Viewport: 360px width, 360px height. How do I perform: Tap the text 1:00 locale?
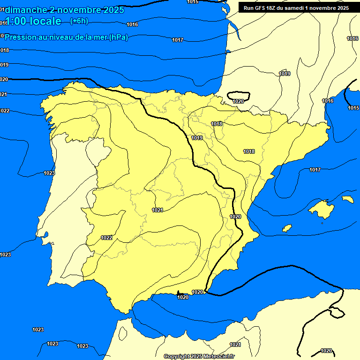[33, 21]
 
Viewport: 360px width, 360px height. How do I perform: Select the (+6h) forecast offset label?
[78, 21]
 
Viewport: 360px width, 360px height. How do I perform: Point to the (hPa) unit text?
[118, 37]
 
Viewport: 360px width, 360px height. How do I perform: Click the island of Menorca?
[347, 199]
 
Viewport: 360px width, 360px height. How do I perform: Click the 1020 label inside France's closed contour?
[238, 101]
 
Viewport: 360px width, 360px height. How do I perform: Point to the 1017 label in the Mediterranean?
[315, 170]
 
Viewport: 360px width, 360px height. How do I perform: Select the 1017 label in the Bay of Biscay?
[177, 40]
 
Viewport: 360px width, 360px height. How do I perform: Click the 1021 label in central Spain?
[157, 210]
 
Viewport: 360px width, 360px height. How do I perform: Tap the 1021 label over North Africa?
[235, 345]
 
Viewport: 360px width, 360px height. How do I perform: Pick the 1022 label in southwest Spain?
[106, 238]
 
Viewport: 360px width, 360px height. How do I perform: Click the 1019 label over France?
[285, 74]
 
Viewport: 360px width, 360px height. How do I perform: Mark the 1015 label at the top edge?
[193, 2]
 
